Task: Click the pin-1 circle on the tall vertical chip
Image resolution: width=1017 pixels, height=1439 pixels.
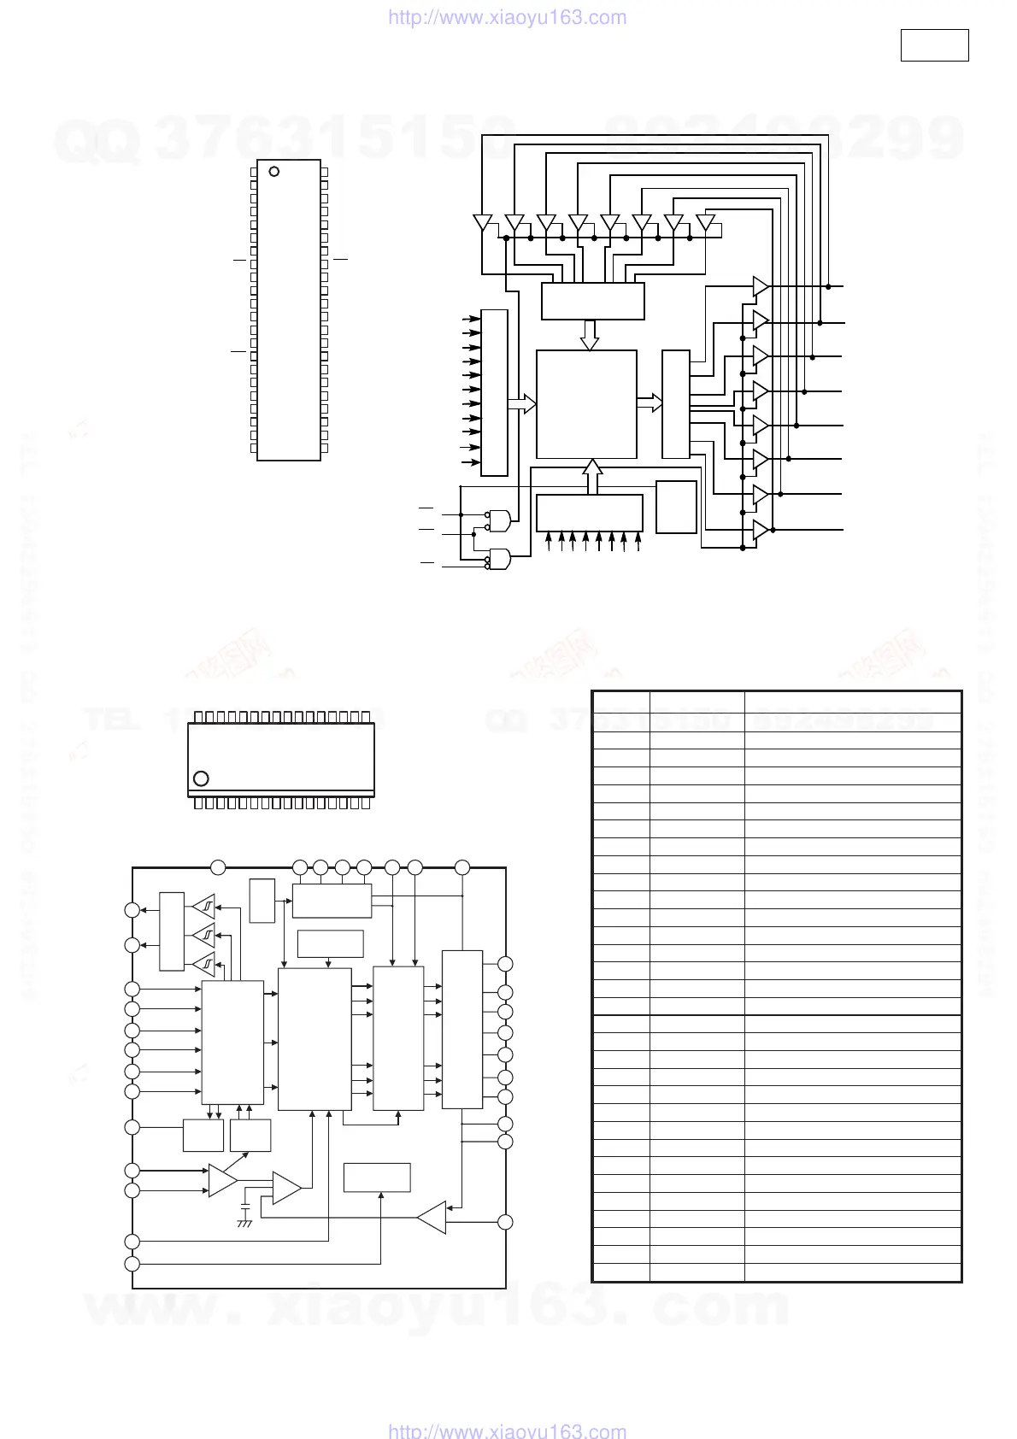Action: (x=274, y=172)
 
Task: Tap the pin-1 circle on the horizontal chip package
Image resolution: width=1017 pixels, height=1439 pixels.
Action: (x=201, y=778)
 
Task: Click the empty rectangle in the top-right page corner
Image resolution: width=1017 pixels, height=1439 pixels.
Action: (x=934, y=45)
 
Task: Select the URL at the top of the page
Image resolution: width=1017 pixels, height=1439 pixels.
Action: (x=508, y=17)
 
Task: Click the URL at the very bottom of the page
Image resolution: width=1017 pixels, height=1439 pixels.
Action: (x=508, y=1430)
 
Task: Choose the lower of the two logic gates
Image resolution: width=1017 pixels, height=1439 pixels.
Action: (x=499, y=560)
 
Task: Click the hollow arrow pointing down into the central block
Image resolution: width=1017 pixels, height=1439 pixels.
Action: (x=590, y=335)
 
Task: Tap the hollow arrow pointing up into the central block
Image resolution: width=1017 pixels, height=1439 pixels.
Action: (x=592, y=477)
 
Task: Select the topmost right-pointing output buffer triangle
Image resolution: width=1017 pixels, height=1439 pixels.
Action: (x=760, y=287)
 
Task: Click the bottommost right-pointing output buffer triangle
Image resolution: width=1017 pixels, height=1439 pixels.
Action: (x=760, y=530)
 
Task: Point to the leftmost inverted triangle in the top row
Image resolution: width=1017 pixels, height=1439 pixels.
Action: (x=482, y=223)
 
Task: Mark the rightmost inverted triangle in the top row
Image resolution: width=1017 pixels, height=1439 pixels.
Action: (x=705, y=223)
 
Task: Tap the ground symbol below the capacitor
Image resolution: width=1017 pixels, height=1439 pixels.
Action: (x=245, y=1225)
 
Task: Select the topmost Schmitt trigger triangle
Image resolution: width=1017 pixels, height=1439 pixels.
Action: (x=205, y=906)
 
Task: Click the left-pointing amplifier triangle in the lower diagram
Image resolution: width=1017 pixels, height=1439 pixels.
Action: (x=433, y=1218)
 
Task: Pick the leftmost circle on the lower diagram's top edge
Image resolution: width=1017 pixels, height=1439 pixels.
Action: (x=218, y=867)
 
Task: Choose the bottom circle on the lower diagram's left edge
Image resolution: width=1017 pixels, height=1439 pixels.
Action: (x=132, y=1264)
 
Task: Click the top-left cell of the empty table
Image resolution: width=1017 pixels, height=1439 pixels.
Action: (x=620, y=702)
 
